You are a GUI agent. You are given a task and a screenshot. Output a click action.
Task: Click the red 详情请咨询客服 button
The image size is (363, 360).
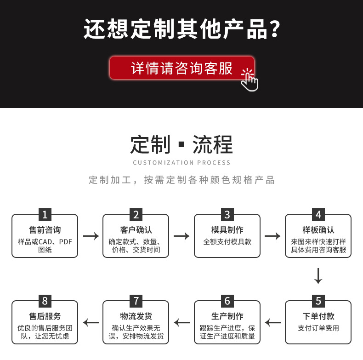[x=181, y=68]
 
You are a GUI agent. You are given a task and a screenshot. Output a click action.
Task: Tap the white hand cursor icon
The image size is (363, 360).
[x=250, y=80]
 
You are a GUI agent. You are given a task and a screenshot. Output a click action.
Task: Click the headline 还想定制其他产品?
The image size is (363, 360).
[x=181, y=29]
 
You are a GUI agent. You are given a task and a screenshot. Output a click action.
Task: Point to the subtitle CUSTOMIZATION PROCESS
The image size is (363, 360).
[x=181, y=162]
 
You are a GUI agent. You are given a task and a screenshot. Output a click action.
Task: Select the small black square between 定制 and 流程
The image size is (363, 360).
[x=181, y=145]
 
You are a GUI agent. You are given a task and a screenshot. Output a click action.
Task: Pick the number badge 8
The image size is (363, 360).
[x=45, y=301]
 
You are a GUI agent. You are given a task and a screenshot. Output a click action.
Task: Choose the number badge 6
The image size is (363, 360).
[x=227, y=301]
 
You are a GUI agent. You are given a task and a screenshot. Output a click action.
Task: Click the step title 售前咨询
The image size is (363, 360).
[x=45, y=230]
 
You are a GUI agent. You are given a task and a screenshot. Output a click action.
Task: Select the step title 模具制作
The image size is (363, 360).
[x=227, y=230]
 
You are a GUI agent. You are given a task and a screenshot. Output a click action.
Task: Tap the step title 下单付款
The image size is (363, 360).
[x=318, y=316]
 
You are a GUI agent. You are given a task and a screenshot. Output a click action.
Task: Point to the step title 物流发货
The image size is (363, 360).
[x=136, y=316]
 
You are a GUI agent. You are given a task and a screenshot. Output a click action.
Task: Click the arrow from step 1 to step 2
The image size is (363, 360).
[x=91, y=236]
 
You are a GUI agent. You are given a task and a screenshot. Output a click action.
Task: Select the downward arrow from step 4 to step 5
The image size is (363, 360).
[x=318, y=275]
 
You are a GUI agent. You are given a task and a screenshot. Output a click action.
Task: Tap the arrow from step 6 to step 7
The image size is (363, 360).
[x=182, y=322]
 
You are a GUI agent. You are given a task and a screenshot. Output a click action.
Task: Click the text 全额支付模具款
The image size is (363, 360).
[x=227, y=241]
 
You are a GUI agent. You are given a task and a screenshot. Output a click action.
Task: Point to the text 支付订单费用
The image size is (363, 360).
[x=318, y=328]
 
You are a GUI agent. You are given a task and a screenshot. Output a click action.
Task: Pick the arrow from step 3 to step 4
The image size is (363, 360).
[x=272, y=236]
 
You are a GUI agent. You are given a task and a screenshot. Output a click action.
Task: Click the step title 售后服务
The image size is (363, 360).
[x=45, y=316]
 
